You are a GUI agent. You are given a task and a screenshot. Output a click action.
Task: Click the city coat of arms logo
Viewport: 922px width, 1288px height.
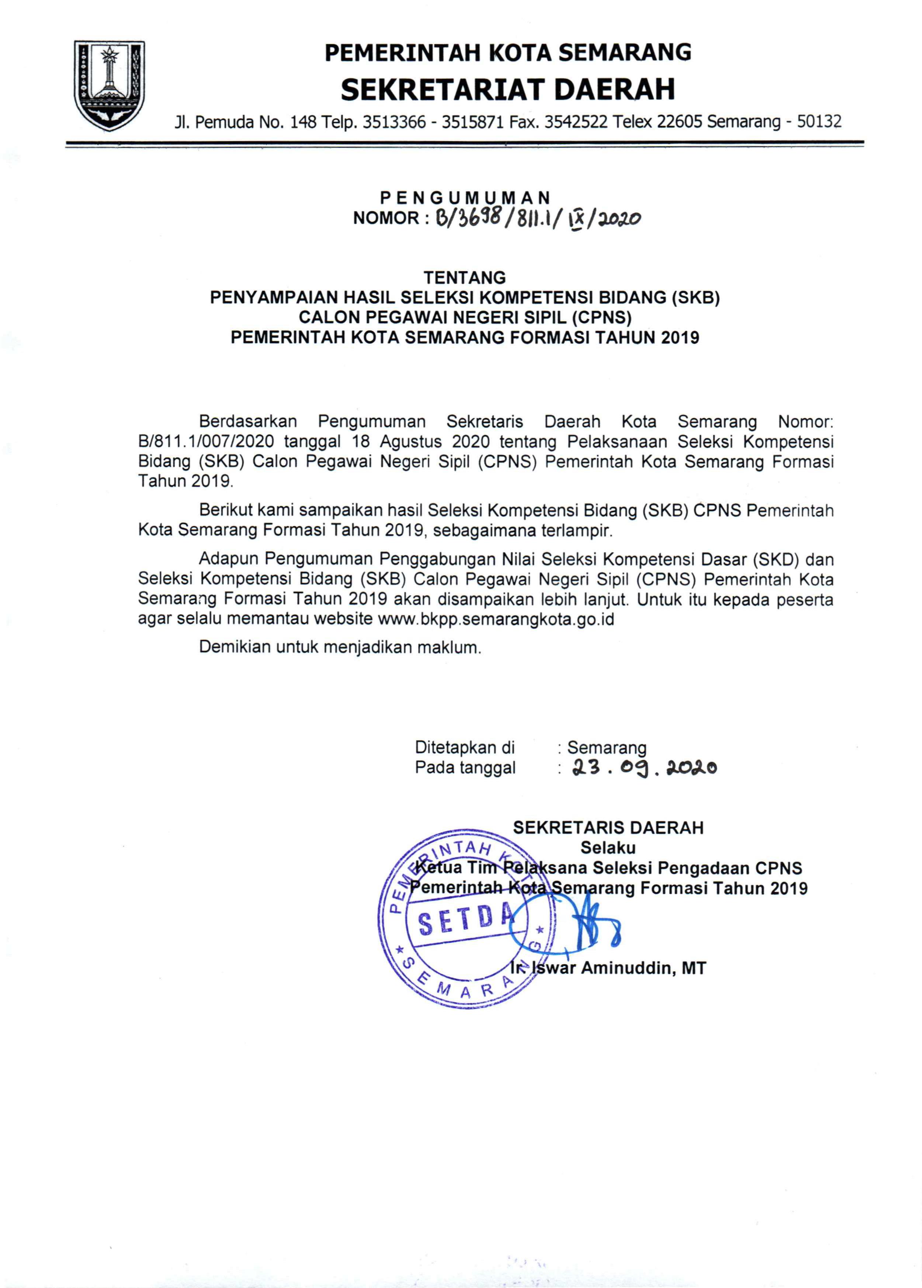coord(110,85)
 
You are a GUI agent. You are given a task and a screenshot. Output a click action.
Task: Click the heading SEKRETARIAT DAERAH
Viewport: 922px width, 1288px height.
coord(508,90)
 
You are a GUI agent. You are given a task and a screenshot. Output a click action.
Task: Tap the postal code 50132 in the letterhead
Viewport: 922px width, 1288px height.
coord(819,121)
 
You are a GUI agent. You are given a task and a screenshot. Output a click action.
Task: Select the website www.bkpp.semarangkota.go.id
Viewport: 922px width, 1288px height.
coord(496,619)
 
